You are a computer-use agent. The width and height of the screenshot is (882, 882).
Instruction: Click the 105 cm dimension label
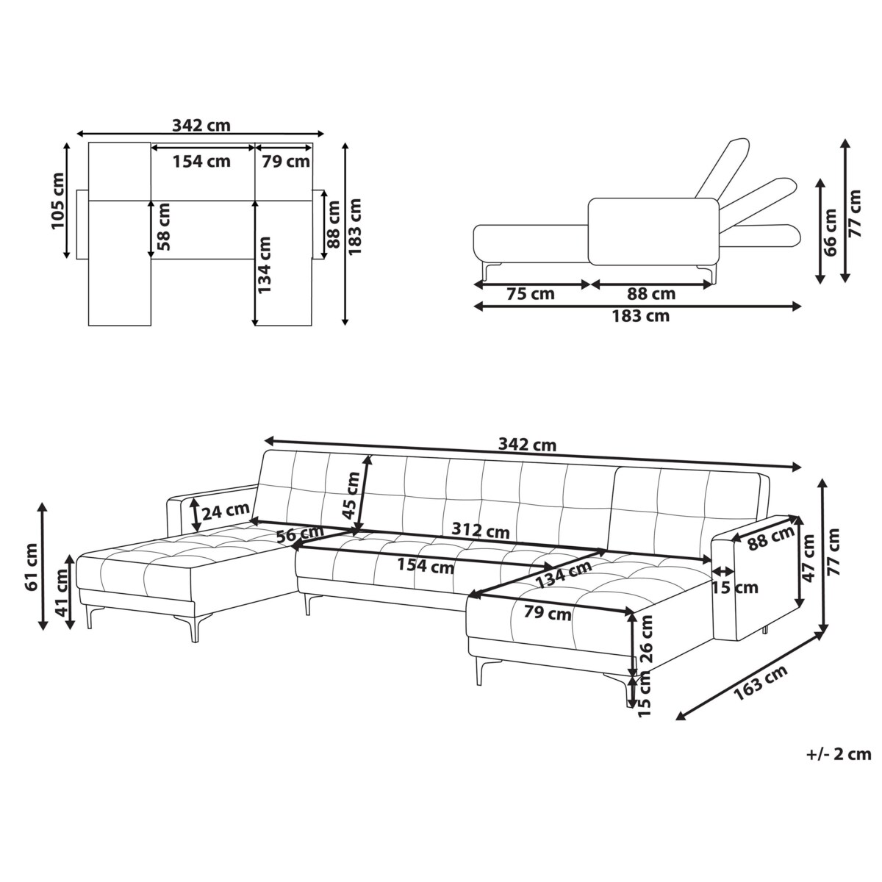pyautogui.click(x=57, y=201)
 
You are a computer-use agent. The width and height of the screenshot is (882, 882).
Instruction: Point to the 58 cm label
pyautogui.click(x=163, y=227)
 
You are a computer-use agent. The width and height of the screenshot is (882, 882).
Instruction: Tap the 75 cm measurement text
pyautogui.click(x=531, y=294)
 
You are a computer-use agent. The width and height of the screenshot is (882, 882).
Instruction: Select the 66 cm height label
pyautogui.click(x=830, y=232)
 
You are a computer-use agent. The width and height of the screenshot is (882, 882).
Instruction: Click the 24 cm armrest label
pyautogui.click(x=226, y=511)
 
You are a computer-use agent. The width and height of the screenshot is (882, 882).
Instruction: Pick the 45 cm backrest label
pyautogui.click(x=351, y=495)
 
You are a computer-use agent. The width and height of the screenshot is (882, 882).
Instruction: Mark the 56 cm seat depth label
pyautogui.click(x=300, y=534)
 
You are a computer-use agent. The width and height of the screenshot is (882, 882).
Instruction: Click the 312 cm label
pyautogui.click(x=481, y=531)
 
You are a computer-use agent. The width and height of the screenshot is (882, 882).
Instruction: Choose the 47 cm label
pyautogui.click(x=808, y=558)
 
